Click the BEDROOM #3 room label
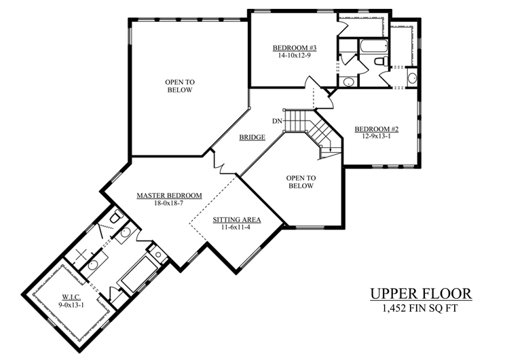295,48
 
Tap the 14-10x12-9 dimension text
294,56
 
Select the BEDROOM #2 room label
377,129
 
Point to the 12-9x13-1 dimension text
377,136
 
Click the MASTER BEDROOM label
170,196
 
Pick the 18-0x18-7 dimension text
168,203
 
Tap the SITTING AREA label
237,220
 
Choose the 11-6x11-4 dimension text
236,228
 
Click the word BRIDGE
252,137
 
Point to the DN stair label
277,121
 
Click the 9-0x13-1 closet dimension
71,305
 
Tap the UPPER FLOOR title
421,294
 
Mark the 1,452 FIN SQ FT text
420,308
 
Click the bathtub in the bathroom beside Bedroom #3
374,46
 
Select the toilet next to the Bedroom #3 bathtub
381,61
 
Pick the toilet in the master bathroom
117,216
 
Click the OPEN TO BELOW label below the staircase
301,182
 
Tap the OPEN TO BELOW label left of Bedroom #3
180,86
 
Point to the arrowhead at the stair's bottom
331,149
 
